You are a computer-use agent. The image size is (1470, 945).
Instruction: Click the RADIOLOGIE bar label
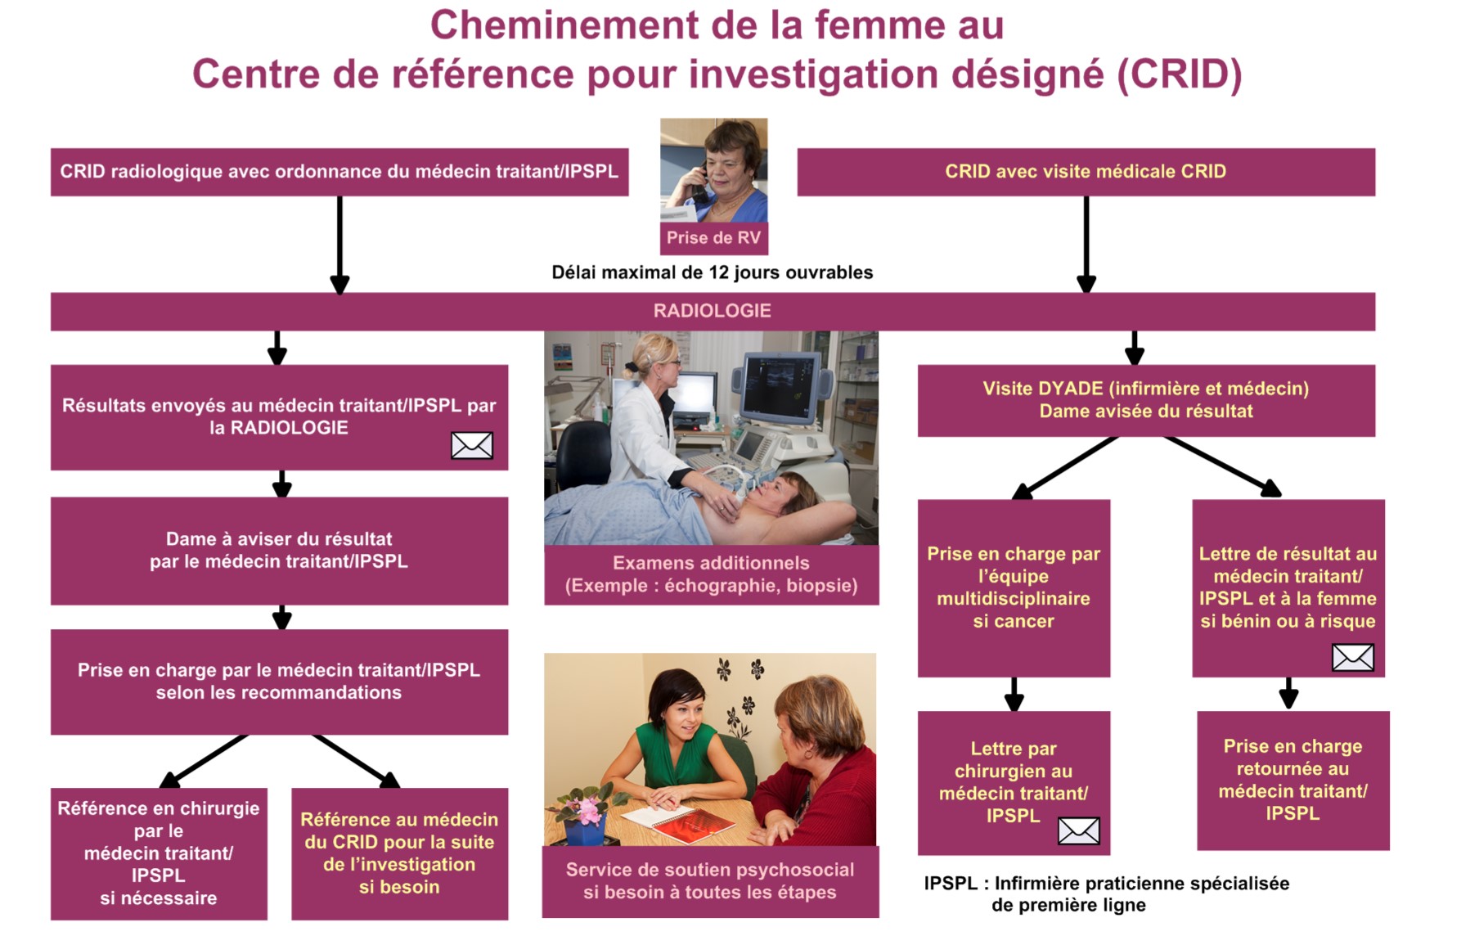(712, 311)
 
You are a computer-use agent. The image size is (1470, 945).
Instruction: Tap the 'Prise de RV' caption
(713, 238)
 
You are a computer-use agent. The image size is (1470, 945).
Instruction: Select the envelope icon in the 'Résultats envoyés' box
(472, 445)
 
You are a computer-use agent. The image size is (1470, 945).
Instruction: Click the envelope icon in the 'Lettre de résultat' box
(1353, 657)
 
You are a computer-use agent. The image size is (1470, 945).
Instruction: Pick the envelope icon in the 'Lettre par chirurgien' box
(1079, 830)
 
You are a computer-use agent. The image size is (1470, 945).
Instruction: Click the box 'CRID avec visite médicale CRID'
(1086, 172)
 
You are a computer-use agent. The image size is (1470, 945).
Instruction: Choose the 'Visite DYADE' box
(1146, 400)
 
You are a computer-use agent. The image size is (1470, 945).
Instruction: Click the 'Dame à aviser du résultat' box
(279, 551)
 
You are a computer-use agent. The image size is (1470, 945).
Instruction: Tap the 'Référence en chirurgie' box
(159, 853)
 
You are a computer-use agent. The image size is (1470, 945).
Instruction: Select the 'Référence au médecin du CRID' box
(399, 853)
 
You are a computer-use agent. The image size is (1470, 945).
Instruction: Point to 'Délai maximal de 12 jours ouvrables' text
(713, 272)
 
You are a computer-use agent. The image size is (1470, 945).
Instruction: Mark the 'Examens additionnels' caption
(712, 574)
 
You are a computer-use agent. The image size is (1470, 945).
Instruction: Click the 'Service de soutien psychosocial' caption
(710, 881)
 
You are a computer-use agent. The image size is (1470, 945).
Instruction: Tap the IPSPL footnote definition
(1107, 894)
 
